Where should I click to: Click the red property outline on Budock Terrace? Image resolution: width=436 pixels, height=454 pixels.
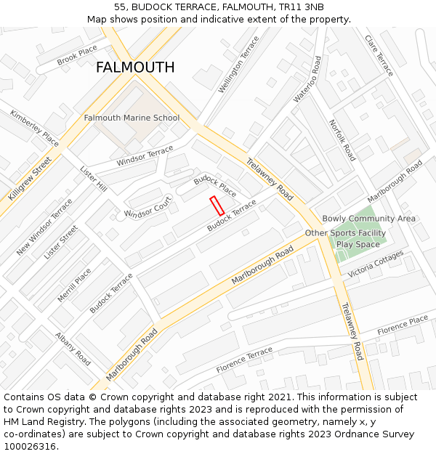click(x=217, y=205)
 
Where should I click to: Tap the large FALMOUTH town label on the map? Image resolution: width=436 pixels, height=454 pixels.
click(x=135, y=68)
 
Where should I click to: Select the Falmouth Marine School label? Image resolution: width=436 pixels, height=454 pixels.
click(x=132, y=118)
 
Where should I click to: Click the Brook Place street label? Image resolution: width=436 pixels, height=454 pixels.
click(x=77, y=55)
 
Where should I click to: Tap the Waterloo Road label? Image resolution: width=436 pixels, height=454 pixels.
click(x=306, y=79)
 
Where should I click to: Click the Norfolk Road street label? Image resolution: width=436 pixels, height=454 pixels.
click(x=342, y=140)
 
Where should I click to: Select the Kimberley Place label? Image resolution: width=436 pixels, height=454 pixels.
click(x=34, y=128)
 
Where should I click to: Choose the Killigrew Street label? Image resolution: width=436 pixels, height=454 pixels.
click(x=30, y=179)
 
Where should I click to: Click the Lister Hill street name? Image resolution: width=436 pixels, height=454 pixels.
click(x=93, y=178)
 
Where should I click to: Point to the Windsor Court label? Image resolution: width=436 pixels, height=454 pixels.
click(x=148, y=208)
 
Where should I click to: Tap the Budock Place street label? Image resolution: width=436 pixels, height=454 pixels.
click(x=214, y=186)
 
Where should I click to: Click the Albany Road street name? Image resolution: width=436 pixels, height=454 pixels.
click(x=73, y=349)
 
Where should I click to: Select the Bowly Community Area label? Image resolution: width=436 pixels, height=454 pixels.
click(x=368, y=219)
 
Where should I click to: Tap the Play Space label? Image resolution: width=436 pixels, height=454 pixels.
click(x=358, y=245)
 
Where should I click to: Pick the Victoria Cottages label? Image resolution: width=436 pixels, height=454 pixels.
click(x=375, y=265)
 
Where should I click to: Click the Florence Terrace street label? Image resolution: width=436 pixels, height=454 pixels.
click(x=244, y=360)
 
